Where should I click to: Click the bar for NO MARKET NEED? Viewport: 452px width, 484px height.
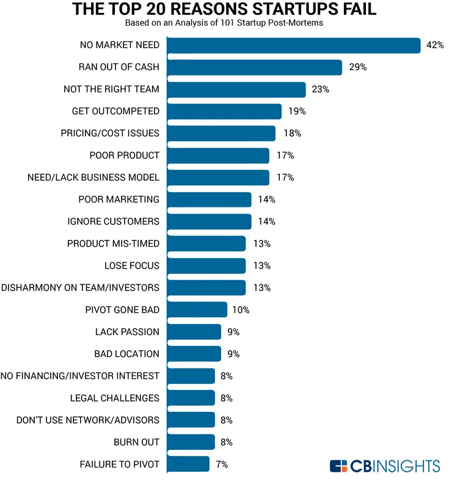293,45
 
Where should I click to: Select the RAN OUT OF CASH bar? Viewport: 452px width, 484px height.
254,67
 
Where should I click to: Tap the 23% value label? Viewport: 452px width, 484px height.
320,89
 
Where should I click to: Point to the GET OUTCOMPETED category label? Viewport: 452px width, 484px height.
115,111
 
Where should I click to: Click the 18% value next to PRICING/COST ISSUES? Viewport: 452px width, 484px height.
292,133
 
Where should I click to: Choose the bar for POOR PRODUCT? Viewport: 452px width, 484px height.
217,156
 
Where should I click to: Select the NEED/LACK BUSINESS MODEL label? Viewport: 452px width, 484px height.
93,178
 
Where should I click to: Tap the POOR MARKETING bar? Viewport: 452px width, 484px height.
209,200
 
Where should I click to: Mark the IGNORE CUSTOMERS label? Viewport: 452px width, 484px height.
113,222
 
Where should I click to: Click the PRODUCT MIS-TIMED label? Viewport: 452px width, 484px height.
113,244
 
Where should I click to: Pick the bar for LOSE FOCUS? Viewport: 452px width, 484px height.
206,265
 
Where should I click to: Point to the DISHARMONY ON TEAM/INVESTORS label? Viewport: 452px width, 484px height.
80,287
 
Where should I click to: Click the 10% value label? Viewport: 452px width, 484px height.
241,309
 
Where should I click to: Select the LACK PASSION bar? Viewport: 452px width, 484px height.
194,332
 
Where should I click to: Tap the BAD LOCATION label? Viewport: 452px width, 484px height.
126,354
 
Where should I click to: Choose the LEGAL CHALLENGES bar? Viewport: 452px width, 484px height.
191,398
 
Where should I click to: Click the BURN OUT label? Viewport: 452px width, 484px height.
136,442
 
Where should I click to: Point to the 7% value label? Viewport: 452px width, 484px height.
222,464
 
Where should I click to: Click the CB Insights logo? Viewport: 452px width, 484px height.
385,466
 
